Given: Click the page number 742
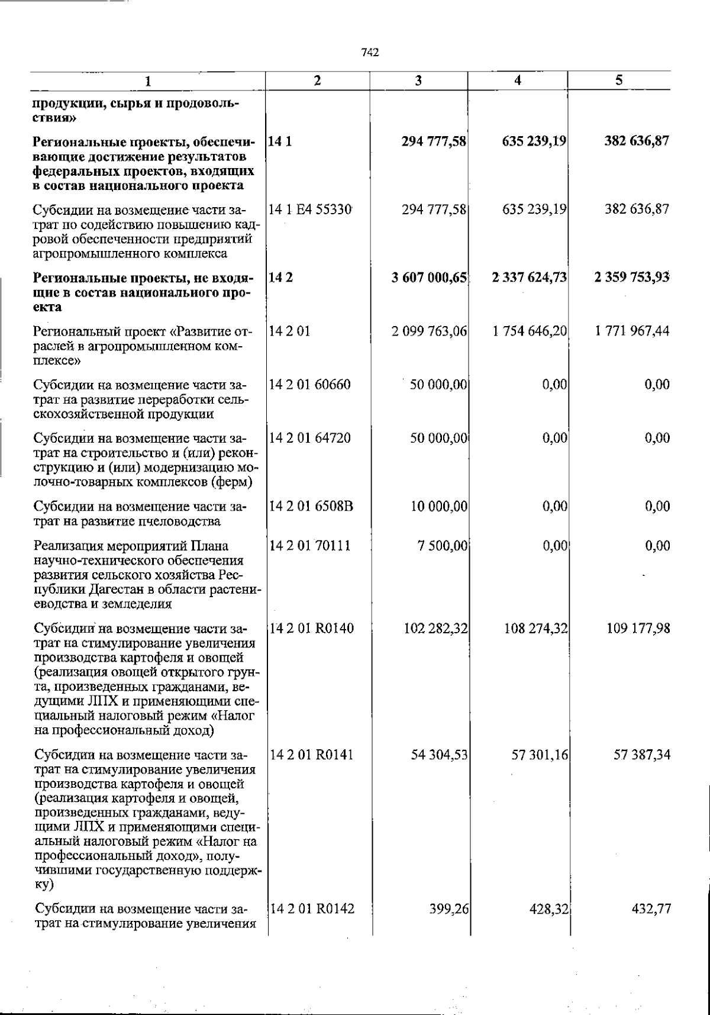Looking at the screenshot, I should pyautogui.click(x=370, y=53).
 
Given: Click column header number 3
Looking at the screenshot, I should pyautogui.click(x=418, y=81).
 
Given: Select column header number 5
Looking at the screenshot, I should pyautogui.click(x=618, y=80).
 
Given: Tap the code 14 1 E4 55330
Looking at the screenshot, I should pyautogui.click(x=311, y=210).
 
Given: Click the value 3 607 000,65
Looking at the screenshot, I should pyautogui.click(x=430, y=278).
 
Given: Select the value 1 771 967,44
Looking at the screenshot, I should pyautogui.click(x=632, y=331).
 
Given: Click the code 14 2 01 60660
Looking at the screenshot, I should pyautogui.click(x=309, y=385).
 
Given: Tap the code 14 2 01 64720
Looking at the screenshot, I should pyautogui.click(x=309, y=439).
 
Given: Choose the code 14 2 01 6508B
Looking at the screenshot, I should pyautogui.click(x=311, y=507).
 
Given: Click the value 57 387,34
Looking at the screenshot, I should pyautogui.click(x=641, y=755).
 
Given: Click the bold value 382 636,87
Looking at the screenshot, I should pyautogui.click(x=636, y=142).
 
